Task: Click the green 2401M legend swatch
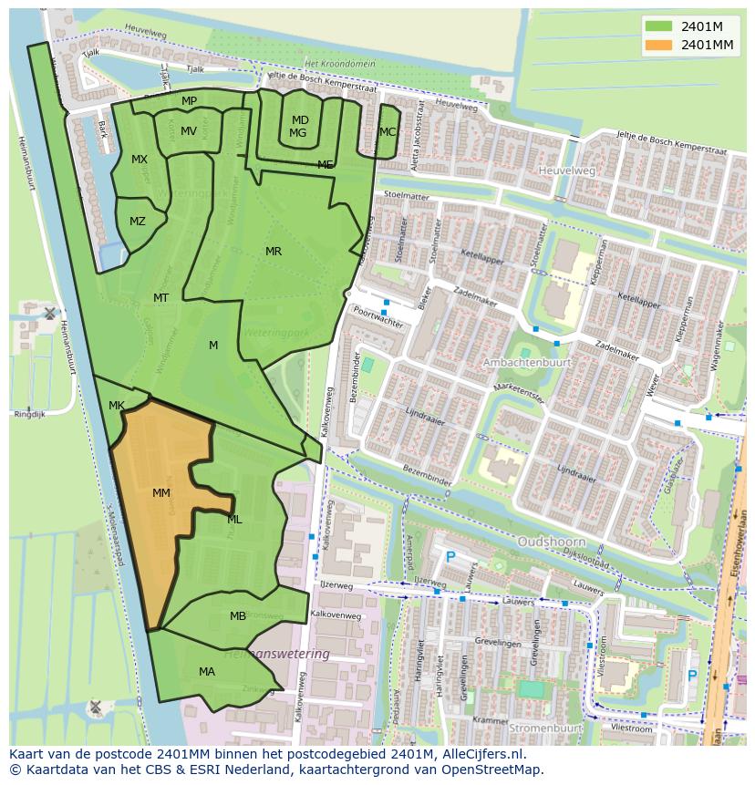coord(657,26)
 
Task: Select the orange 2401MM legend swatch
coord(657,44)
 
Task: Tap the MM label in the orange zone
coord(161,493)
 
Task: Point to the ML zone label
coord(234,520)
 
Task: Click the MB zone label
coord(238,616)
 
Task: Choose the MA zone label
coord(207,672)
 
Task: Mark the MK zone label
coord(117,406)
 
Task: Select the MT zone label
coord(160,298)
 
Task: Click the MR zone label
coord(273,252)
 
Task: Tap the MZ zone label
coord(138,222)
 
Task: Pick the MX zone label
coord(140,160)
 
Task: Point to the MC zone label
coord(388,132)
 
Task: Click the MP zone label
coord(189,101)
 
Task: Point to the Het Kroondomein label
coord(340,64)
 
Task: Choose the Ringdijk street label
coord(29,414)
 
